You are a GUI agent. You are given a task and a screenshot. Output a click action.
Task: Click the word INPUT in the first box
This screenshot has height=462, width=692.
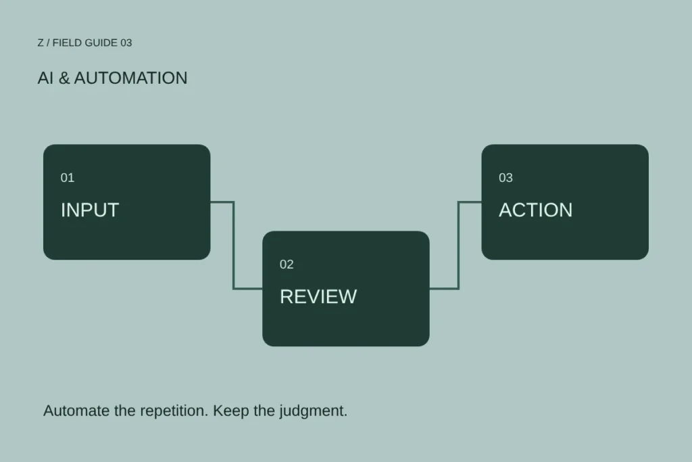coord(90,210)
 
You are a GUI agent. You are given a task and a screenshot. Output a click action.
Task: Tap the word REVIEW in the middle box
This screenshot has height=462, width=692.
coord(318,296)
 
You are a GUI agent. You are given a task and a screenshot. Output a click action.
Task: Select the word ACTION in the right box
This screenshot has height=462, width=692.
coord(535,210)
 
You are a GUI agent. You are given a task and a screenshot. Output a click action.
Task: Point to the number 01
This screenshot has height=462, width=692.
coord(68,177)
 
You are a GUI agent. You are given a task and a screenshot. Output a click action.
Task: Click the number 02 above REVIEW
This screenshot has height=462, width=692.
coord(287,264)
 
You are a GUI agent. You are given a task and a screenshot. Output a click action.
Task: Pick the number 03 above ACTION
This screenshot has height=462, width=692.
coord(505,177)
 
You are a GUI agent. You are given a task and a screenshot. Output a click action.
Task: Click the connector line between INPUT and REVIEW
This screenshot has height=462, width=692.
coord(233,245)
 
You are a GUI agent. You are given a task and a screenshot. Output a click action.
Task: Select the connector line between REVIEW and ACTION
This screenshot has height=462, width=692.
coord(459,245)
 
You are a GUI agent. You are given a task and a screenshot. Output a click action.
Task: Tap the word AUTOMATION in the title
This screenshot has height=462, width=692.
coord(130,78)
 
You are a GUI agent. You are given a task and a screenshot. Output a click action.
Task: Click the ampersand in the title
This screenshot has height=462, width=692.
coord(64,78)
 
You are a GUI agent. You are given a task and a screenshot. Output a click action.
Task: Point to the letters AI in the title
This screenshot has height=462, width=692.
coord(45,78)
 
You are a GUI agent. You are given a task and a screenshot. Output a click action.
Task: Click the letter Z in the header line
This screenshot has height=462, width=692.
coord(41,43)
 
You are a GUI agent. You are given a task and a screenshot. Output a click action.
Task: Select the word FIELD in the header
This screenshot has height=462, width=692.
coord(67,43)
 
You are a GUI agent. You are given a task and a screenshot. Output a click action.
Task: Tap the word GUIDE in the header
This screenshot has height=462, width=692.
coord(101,43)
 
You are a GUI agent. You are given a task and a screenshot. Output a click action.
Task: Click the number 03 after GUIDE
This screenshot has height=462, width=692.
coord(126,43)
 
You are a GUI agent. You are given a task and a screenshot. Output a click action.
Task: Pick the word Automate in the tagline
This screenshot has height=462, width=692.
coord(76,411)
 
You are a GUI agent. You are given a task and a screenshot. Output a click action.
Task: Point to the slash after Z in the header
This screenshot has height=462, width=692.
coord(48,43)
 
